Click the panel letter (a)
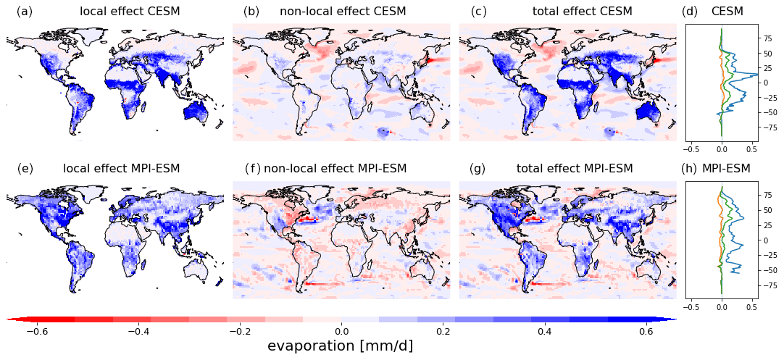click(x=25, y=12)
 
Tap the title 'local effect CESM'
click(x=130, y=12)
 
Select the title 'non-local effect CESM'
click(x=343, y=12)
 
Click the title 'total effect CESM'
click(x=582, y=12)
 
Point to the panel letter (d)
click(x=690, y=12)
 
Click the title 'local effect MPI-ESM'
click(x=121, y=169)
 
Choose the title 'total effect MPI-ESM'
click(x=574, y=169)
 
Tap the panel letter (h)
click(x=690, y=169)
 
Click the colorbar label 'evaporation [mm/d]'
click(x=341, y=346)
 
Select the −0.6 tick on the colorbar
click(x=33, y=331)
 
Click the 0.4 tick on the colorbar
click(x=544, y=331)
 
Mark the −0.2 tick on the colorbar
click(x=237, y=331)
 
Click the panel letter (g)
click(x=478, y=169)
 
